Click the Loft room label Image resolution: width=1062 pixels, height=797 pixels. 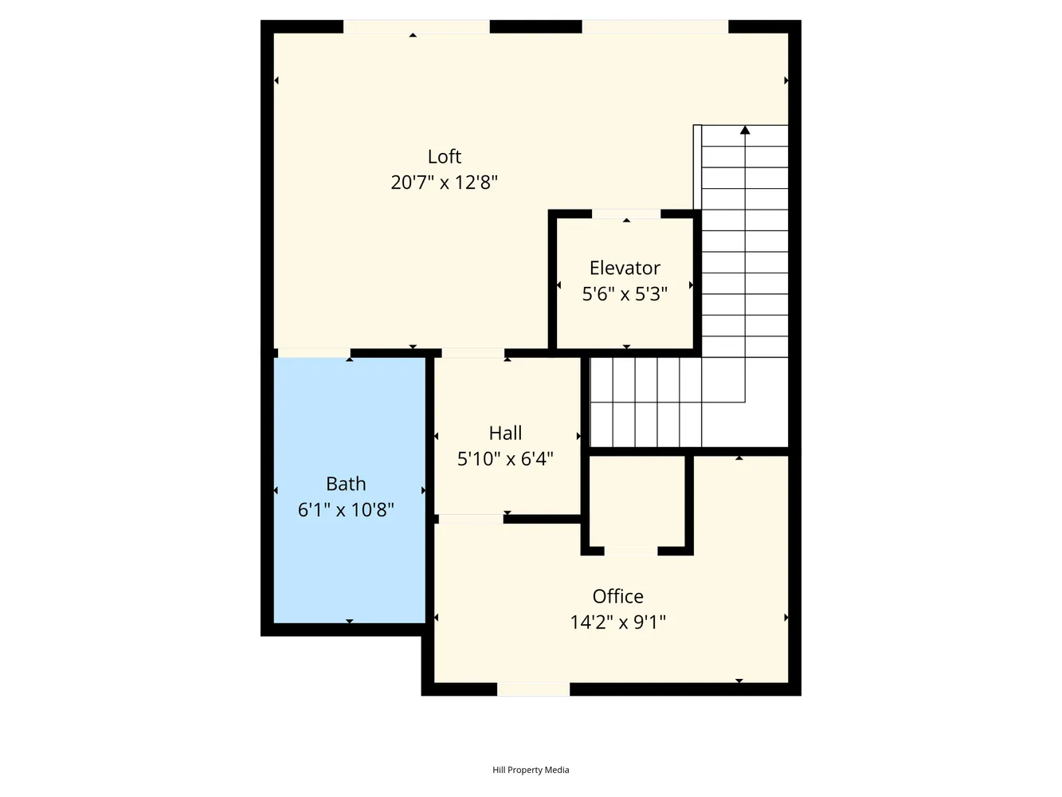(x=444, y=156)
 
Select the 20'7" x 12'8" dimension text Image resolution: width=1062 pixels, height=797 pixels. (x=444, y=183)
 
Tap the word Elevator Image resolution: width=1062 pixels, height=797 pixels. (x=625, y=268)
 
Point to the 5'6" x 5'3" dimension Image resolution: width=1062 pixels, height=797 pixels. (x=625, y=294)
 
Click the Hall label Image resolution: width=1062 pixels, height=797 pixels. (x=505, y=433)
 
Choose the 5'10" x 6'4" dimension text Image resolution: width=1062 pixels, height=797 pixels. (x=505, y=459)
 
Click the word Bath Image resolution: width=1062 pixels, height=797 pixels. (x=346, y=484)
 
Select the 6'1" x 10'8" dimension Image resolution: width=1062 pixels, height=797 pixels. (x=346, y=509)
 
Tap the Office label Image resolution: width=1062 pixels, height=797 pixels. (x=618, y=596)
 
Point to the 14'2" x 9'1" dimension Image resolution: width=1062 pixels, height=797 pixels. (x=618, y=622)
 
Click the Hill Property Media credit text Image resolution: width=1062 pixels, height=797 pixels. (x=531, y=769)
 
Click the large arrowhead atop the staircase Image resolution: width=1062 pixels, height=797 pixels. (x=745, y=130)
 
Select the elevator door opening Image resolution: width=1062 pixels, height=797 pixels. (x=626, y=214)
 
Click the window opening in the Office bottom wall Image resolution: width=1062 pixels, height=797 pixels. (x=533, y=689)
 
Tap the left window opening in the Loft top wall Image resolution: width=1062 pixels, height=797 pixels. (x=417, y=26)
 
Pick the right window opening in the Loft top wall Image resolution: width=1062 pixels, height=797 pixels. (x=655, y=26)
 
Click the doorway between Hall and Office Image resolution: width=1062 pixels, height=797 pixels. (x=471, y=519)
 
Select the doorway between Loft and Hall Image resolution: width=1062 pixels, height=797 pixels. (x=472, y=353)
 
